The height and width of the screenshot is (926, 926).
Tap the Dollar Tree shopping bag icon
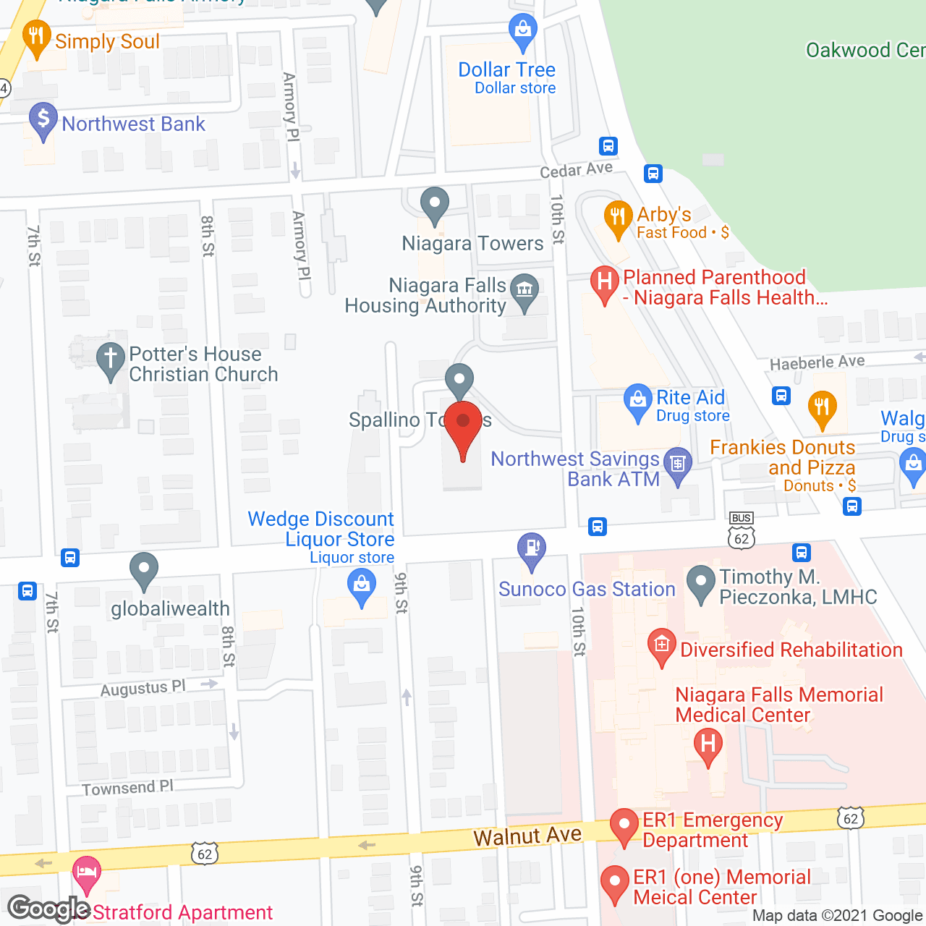click(522, 30)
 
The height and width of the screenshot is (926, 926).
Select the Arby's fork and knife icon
click(617, 216)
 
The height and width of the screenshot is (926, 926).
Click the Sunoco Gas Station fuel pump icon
click(532, 548)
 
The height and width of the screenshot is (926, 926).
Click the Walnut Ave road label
click(527, 836)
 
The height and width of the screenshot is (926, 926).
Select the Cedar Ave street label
click(576, 169)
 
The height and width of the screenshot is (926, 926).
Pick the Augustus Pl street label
click(143, 688)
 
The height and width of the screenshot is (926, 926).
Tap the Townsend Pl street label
click(127, 788)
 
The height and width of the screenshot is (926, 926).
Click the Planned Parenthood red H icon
click(604, 281)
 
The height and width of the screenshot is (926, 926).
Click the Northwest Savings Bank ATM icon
click(678, 463)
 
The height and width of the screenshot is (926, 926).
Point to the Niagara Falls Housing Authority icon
click(524, 290)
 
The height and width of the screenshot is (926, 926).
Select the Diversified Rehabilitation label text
click(791, 650)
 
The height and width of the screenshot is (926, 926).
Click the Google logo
click(48, 909)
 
